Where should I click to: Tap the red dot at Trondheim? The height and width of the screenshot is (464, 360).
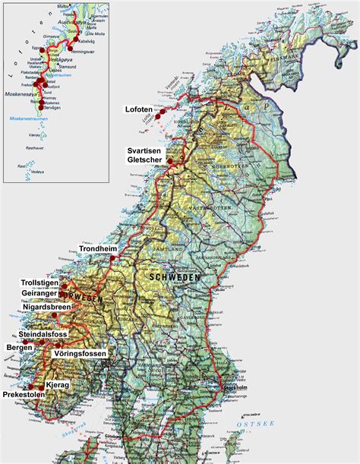point(112,259)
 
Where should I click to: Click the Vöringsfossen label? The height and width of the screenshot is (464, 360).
point(81,354)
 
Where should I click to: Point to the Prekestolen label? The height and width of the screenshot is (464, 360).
point(23,394)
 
